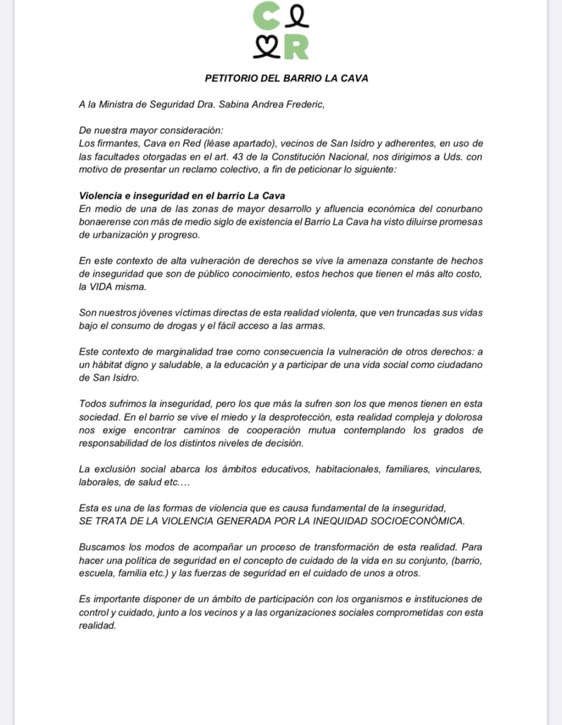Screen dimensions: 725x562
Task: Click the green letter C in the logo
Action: click(266, 16)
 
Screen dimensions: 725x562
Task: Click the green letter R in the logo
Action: click(296, 48)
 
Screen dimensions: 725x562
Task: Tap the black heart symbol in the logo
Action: click(266, 48)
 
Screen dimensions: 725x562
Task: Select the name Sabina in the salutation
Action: click(234, 104)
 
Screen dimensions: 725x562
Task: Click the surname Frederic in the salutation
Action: click(305, 104)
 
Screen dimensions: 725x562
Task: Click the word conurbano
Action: click(459, 209)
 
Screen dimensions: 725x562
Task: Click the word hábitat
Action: click(106, 365)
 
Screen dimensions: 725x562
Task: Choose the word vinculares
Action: click(458, 469)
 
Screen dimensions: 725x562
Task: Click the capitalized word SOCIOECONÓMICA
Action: click(417, 521)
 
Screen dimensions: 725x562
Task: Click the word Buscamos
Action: click(102, 547)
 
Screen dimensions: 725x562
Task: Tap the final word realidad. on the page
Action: click(98, 626)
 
